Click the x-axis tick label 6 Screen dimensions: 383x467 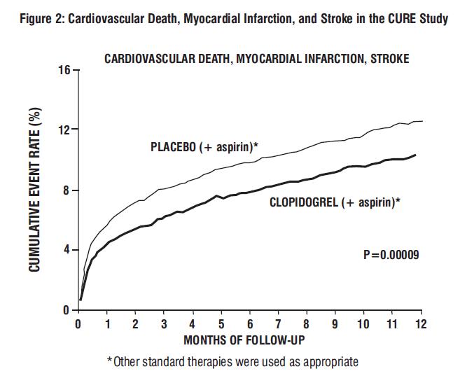pyautogui.click(x=250, y=324)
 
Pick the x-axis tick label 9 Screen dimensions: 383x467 pyautogui.click(x=335, y=324)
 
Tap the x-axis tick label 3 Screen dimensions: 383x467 pyautogui.click(x=164, y=324)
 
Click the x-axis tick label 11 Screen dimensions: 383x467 pyautogui.click(x=392, y=324)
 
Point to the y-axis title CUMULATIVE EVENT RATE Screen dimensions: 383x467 pyautogui.click(x=36, y=190)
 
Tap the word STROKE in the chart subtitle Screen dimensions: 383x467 pyautogui.click(x=389, y=59)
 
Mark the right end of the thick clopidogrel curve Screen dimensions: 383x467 pyautogui.click(x=415, y=155)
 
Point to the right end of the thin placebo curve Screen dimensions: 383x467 pyautogui.click(x=422, y=121)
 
